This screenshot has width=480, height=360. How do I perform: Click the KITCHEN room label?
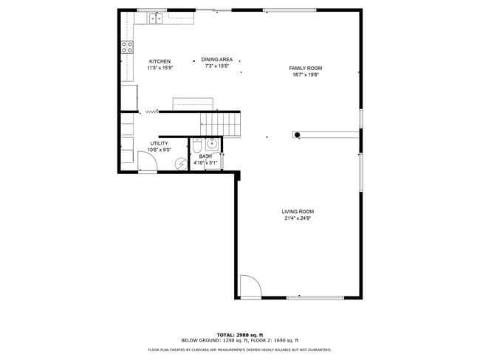(x=160, y=61)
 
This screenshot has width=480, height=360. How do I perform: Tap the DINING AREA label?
(x=217, y=59)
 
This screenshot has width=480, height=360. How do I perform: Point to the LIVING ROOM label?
(x=298, y=212)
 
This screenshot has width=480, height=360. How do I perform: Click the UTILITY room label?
(x=160, y=143)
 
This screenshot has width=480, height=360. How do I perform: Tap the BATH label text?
(x=205, y=156)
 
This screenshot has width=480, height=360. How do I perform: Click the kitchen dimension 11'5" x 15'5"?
(x=160, y=68)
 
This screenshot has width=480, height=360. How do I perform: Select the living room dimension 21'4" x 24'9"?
(x=298, y=218)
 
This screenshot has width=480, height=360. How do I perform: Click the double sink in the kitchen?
(x=156, y=18)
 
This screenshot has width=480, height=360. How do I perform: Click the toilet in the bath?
(x=197, y=145)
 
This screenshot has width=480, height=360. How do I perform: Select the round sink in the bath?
(x=212, y=143)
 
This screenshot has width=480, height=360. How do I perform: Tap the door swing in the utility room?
(x=145, y=161)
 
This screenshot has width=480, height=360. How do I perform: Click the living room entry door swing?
(x=248, y=288)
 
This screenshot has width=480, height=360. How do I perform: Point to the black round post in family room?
(x=297, y=135)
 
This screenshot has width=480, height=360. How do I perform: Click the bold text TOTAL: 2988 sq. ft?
(x=240, y=335)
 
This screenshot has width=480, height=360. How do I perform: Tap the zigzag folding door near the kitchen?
(x=151, y=111)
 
